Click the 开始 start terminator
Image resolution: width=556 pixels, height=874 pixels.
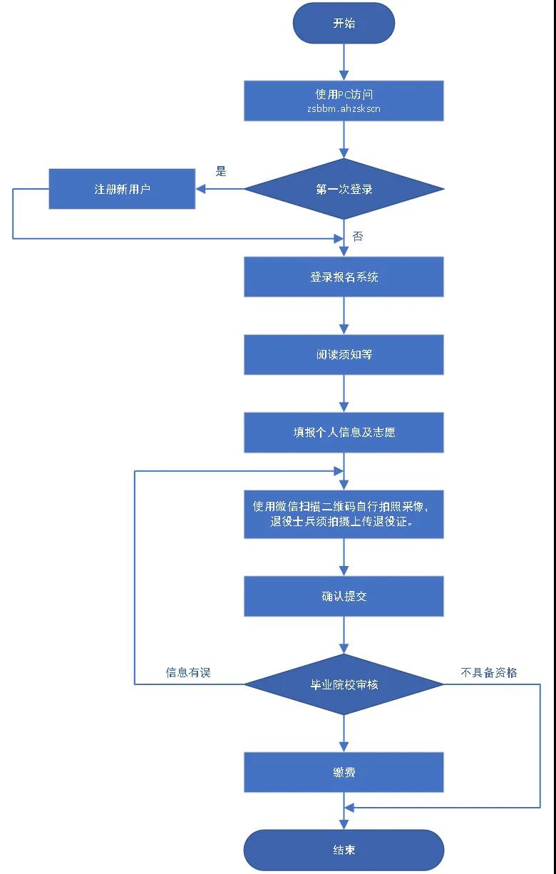(344, 24)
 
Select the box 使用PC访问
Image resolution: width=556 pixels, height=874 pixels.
(344, 101)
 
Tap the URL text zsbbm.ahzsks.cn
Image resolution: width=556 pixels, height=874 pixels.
(344, 109)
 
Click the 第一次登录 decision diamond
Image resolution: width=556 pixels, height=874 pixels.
(344, 189)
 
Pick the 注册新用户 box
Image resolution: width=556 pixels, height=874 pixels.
(122, 189)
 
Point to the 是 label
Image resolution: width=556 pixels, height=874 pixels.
(221, 171)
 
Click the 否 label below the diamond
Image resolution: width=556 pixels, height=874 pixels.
(358, 236)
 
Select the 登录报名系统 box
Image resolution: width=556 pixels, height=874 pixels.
(344, 277)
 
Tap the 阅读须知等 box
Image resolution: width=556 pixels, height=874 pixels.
(344, 354)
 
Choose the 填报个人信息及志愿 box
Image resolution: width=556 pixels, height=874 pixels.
(344, 432)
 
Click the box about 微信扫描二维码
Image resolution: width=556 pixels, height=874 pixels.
(344, 514)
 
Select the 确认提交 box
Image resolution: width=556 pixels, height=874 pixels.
(344, 596)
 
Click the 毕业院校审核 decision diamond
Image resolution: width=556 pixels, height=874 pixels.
(344, 684)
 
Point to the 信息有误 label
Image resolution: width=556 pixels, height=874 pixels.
(188, 672)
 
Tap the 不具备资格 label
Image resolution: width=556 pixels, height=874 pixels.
(489, 672)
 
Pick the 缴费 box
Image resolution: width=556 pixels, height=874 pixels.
(344, 772)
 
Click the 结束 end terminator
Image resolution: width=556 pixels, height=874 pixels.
(344, 850)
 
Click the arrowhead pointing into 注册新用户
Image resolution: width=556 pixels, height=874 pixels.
(201, 189)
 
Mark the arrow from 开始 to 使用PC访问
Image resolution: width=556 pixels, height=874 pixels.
(344, 62)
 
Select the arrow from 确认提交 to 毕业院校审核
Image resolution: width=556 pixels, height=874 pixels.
(344, 636)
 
